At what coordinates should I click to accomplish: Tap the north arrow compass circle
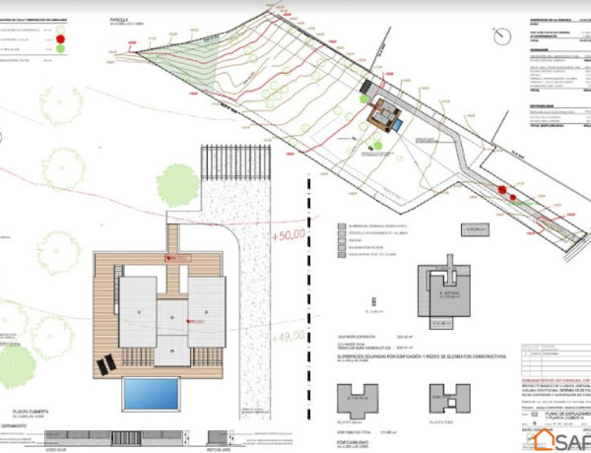pos(502,39)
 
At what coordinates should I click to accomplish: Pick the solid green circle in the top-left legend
pos(61,48)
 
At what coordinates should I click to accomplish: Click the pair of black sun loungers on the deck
pos(104,365)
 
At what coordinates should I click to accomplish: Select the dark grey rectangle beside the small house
pos(397,123)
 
